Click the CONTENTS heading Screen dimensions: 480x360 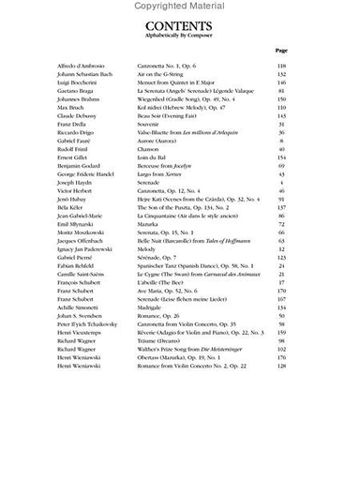tap(180, 28)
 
